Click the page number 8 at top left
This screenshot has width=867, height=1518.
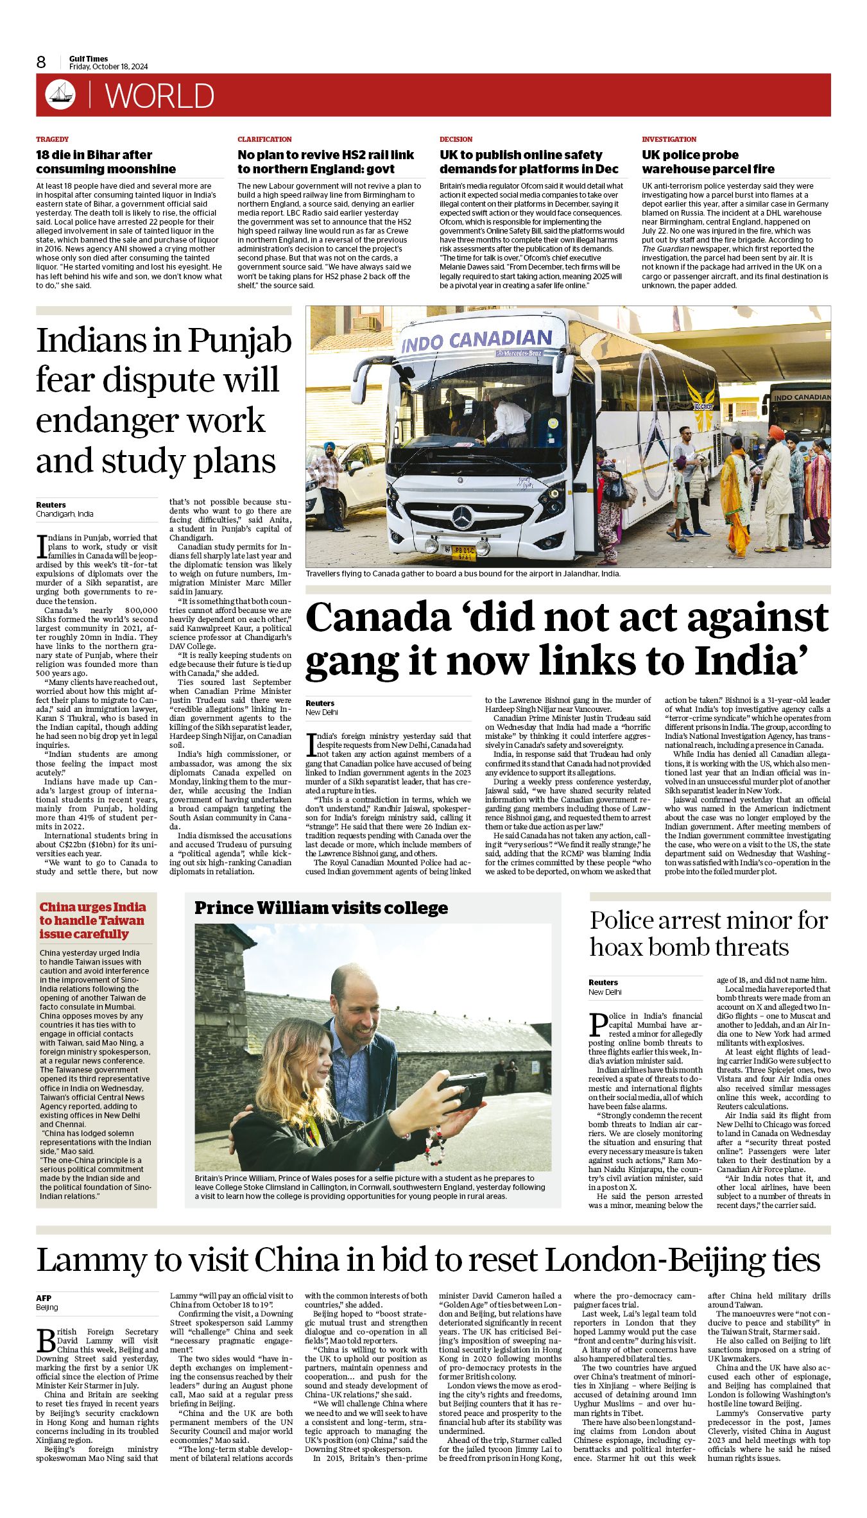point(41,62)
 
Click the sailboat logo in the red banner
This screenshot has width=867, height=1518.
point(60,95)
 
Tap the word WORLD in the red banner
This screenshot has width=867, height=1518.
point(160,96)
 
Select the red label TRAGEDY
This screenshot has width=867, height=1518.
point(52,139)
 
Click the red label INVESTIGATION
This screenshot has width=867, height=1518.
point(668,139)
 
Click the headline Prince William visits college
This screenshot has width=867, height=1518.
point(321,908)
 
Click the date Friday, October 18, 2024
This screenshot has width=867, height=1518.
point(108,67)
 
